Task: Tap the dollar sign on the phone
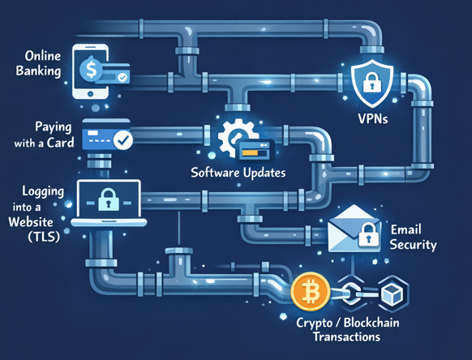coord(91,70)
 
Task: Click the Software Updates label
coord(238,173)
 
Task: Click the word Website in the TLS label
coord(31,221)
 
